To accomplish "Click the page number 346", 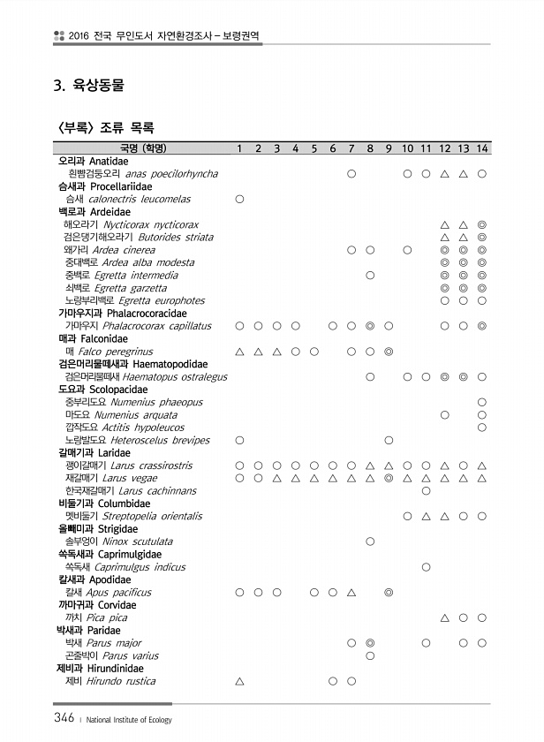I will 62,718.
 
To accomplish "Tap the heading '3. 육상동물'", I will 88,87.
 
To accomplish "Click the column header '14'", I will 482,148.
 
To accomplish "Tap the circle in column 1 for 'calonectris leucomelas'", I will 239,200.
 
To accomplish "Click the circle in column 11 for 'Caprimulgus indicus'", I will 427,567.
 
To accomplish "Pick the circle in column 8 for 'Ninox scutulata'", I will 370,541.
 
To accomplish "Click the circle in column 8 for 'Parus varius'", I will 370,656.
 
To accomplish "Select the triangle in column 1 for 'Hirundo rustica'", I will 239,681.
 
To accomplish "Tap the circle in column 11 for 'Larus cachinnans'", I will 427,490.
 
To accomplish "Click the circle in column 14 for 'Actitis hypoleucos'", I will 482,428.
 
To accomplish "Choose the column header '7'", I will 351,148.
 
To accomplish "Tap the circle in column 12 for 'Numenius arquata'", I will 445,414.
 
